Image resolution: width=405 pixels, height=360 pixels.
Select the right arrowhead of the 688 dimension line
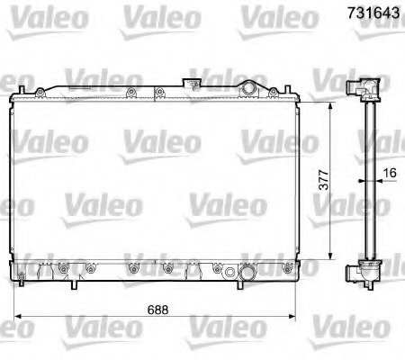point(294,317)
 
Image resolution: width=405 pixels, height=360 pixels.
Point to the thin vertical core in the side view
point(367,180)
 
